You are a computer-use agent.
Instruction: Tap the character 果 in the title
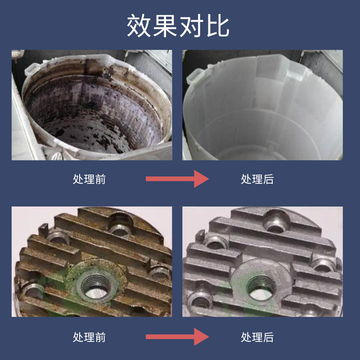tap(164, 26)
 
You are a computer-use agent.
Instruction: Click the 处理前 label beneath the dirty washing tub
tap(89, 179)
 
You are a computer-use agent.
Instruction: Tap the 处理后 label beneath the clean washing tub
tap(257, 179)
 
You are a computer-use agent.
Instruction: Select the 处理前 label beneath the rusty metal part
tap(89, 337)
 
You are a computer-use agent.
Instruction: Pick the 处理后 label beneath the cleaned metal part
tap(257, 337)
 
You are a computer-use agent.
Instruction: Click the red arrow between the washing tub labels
tap(177, 179)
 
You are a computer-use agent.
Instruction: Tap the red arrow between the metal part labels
tap(177, 337)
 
